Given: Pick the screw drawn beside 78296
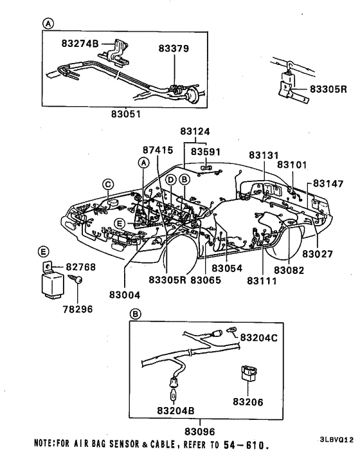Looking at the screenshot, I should pyautogui.click(x=77, y=282).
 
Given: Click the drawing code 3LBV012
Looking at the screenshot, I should pyautogui.click(x=336, y=440).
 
